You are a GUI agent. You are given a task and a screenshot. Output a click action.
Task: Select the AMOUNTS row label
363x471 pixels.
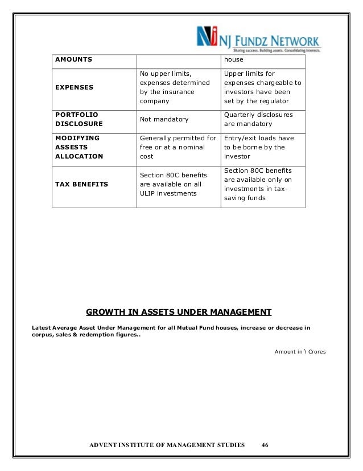pos(73,59)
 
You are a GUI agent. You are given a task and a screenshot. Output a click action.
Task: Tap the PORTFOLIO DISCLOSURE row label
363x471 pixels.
pos(79,119)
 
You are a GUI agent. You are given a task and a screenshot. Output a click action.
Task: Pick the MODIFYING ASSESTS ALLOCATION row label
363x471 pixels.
pos(79,147)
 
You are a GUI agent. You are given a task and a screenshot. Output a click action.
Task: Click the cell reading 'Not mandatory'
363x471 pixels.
pos(164,119)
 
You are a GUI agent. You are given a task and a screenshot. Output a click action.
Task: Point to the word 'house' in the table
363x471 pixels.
pos(233,59)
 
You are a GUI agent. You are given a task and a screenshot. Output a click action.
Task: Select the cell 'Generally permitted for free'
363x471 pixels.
pos(178,147)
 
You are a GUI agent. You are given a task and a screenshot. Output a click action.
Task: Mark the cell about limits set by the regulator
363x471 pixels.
pos(262,87)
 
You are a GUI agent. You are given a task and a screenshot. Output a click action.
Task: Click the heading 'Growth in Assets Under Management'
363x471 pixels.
pos(179,312)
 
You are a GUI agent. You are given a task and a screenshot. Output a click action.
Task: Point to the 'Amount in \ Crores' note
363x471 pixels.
pos(300,352)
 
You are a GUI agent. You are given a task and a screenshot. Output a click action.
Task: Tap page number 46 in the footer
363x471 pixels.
pos(265,444)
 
